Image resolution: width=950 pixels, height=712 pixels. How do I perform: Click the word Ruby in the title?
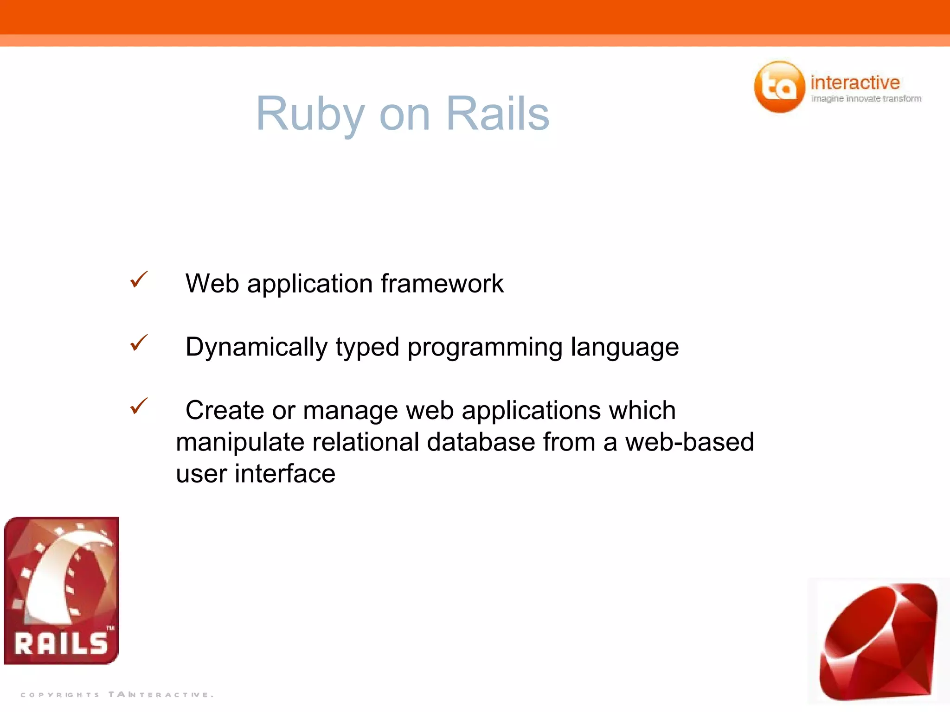coord(310,114)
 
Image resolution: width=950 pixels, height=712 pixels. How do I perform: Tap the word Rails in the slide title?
coord(498,114)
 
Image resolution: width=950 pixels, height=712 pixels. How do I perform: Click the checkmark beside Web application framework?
coord(139,280)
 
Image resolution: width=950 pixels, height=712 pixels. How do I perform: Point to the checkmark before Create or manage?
coord(139,406)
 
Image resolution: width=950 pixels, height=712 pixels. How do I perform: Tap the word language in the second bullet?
coord(624,348)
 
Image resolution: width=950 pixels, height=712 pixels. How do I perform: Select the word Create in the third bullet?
coord(225,411)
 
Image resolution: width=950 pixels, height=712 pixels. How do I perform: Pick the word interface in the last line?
coord(285,474)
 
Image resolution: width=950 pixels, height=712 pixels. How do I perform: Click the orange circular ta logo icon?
coord(779,87)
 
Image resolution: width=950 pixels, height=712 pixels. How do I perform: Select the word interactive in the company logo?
coord(855,83)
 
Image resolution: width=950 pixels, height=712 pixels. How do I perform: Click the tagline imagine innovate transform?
coord(866,99)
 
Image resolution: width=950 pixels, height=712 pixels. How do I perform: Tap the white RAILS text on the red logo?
coord(61,643)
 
